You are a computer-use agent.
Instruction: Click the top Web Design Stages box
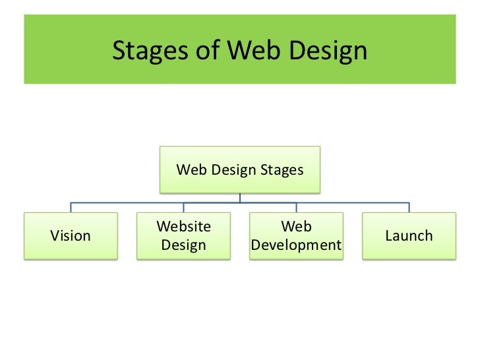click(x=240, y=170)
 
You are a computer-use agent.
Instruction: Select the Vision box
click(x=71, y=236)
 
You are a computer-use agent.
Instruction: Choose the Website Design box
click(x=184, y=236)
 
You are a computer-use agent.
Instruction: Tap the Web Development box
click(x=296, y=236)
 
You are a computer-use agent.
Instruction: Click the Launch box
click(x=409, y=236)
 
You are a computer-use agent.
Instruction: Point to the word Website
click(x=184, y=227)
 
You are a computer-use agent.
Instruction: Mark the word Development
click(x=296, y=245)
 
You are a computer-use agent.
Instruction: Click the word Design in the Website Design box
click(x=184, y=245)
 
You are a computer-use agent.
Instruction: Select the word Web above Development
click(x=296, y=227)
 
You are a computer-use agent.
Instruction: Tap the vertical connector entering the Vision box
click(x=71, y=207)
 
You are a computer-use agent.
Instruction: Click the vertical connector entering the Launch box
click(x=409, y=207)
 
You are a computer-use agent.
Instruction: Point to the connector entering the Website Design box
click(x=184, y=207)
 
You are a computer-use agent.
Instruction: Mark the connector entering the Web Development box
click(x=296, y=207)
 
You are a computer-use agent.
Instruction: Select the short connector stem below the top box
click(x=240, y=197)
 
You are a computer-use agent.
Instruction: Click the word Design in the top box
click(x=239, y=170)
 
